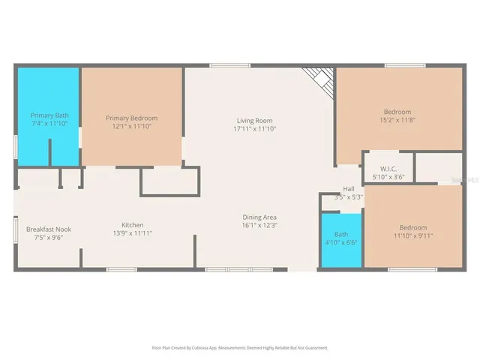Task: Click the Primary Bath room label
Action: [49, 115]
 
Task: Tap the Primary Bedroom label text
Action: [131, 118]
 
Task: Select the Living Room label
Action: [254, 120]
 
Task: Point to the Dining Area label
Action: [259, 217]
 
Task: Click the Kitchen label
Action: [133, 225]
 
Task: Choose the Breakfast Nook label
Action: [49, 229]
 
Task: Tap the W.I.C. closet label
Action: [388, 169]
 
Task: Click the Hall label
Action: [348, 189]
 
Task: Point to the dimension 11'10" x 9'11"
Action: [412, 236]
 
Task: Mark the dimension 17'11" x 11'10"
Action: [254, 129]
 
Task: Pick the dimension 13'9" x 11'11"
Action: [133, 234]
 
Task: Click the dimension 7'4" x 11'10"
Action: [49, 124]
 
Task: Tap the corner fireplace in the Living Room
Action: [319, 79]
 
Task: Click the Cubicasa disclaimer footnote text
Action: [240, 347]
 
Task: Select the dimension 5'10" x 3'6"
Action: [388, 177]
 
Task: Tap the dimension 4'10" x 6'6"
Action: [341, 243]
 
